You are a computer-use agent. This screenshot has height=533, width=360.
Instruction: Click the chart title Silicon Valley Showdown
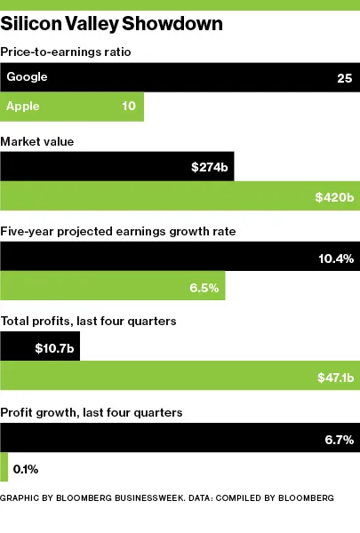click(x=111, y=24)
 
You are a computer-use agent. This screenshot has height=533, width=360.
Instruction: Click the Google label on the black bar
click(x=27, y=77)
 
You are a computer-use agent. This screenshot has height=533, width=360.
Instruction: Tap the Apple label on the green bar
click(x=23, y=107)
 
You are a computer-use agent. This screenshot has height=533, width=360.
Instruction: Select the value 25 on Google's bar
click(x=345, y=78)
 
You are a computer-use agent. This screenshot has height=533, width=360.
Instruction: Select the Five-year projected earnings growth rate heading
click(x=116, y=232)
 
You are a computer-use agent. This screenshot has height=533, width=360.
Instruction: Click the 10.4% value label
click(x=336, y=258)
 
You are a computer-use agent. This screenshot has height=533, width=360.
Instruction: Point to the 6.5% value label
click(x=204, y=288)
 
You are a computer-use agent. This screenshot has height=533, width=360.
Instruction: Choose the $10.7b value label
click(x=55, y=347)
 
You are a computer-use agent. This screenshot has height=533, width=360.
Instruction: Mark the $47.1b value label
click(x=335, y=378)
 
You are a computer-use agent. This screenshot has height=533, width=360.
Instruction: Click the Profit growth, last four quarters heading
click(x=92, y=412)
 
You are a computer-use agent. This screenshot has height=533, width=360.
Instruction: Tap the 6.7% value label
click(x=339, y=438)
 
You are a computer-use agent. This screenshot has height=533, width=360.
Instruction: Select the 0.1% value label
click(x=26, y=467)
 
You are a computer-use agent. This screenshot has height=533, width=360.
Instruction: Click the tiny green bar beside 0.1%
click(x=4, y=467)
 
